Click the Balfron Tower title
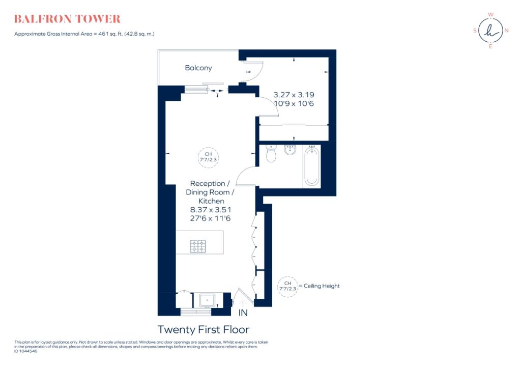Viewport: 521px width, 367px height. click(67, 19)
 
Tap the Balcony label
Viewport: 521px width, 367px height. click(198, 68)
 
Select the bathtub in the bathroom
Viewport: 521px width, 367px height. click(311, 166)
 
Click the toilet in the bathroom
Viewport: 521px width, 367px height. click(271, 154)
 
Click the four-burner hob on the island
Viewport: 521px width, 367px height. click(198, 246)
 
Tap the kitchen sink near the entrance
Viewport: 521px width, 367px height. click(207, 300)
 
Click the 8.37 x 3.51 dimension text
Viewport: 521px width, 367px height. click(211, 209)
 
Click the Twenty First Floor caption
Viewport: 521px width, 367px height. click(204, 329)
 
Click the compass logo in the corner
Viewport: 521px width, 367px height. click(490, 30)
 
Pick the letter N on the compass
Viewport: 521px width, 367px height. click(507, 31)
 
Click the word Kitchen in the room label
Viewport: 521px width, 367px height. click(211, 201)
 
